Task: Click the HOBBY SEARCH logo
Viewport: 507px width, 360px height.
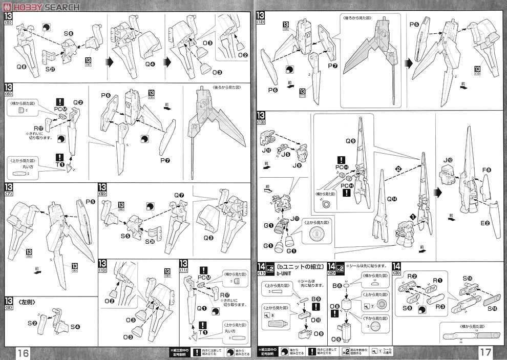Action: pyautogui.click(x=41, y=7)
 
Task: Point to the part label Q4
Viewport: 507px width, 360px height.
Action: pyautogui.click(x=150, y=65)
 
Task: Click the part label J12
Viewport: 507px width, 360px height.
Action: pyautogui.click(x=448, y=161)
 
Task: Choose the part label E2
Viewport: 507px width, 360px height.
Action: pyautogui.click(x=484, y=223)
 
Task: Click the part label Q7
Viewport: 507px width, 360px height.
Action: pyautogui.click(x=178, y=195)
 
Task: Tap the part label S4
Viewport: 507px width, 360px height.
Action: pyautogui.click(x=75, y=327)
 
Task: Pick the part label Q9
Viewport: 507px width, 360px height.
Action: pyautogui.click(x=350, y=140)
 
